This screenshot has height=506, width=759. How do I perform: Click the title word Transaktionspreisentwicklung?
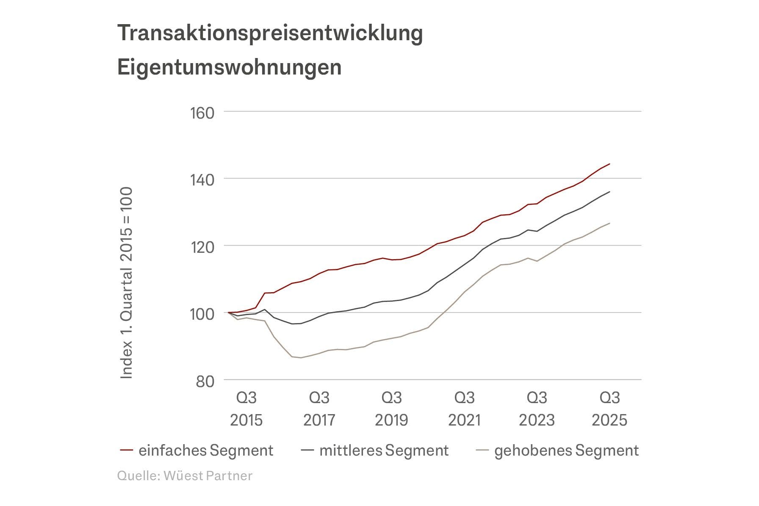click(270, 33)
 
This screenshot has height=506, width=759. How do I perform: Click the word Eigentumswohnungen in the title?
click(229, 67)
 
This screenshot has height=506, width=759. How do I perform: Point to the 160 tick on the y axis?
click(202, 113)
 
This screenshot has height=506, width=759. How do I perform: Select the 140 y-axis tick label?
click(202, 180)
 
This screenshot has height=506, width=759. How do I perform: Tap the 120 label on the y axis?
click(202, 247)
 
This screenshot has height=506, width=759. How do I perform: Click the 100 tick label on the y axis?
click(202, 314)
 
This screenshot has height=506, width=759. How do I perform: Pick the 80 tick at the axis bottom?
click(205, 381)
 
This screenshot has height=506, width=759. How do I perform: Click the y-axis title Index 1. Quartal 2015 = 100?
click(126, 283)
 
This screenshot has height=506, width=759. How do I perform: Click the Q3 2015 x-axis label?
click(246, 409)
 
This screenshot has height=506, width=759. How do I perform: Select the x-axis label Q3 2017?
click(319, 409)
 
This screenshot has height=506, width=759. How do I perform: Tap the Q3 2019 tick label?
click(391, 409)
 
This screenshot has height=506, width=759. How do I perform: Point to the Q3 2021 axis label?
click(464, 409)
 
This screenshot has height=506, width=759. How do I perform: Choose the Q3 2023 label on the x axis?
click(537, 409)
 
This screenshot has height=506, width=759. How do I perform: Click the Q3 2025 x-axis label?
click(609, 409)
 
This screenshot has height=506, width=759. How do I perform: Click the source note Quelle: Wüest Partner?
click(185, 476)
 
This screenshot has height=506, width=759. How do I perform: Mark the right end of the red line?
click(609, 164)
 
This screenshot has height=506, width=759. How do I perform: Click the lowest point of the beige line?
click(301, 358)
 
